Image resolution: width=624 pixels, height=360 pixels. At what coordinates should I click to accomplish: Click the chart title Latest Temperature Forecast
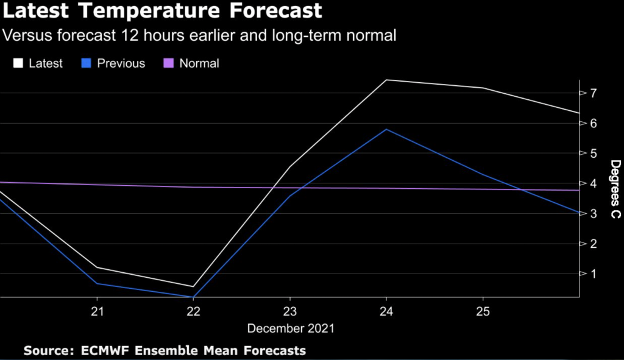[x=163, y=11]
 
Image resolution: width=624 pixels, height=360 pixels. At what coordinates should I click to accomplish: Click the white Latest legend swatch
[x=18, y=63]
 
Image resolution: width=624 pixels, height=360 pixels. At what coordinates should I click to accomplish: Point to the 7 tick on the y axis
[x=592, y=93]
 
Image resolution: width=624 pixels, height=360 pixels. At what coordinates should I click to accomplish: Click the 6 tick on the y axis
[x=592, y=123]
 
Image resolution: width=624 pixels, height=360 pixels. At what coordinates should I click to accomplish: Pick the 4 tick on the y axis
[x=592, y=183]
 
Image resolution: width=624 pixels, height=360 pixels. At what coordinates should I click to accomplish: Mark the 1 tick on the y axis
[x=592, y=274]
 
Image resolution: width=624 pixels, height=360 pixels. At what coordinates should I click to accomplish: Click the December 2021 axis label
[x=291, y=328]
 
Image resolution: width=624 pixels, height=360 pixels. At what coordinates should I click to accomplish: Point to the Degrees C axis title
[x=615, y=189]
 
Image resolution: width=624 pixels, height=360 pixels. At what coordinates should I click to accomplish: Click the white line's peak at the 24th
[x=386, y=80]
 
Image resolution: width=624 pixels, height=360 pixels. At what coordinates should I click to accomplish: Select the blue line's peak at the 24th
[x=386, y=129]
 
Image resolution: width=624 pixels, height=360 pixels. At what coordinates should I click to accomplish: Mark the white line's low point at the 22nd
[x=193, y=286]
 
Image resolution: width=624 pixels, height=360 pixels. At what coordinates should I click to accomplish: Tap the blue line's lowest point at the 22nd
[x=193, y=297]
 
